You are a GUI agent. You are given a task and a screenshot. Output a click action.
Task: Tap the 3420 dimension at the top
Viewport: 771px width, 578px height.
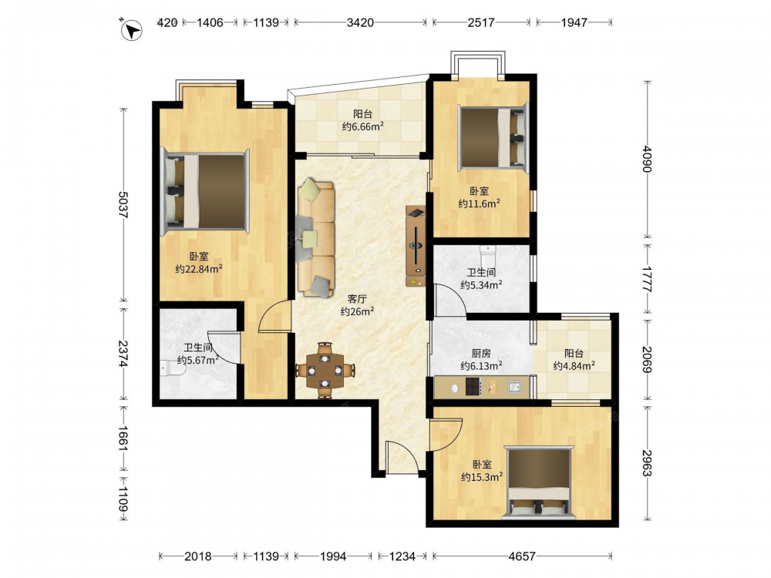[x=360, y=22]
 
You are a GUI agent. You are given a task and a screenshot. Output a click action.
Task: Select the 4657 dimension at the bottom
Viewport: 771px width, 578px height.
[x=522, y=556]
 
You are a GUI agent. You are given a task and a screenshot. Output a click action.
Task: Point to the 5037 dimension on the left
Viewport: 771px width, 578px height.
[x=123, y=204]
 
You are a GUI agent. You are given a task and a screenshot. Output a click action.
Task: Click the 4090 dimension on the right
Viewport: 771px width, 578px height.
[x=648, y=159]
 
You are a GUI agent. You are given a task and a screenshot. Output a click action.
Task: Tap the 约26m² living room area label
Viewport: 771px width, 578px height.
[x=358, y=311]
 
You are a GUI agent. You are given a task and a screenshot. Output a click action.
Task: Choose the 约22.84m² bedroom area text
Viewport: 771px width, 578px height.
[x=199, y=269]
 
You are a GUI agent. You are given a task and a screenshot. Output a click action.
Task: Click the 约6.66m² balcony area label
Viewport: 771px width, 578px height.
[x=363, y=126]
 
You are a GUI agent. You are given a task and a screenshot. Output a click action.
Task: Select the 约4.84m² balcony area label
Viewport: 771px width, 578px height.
[x=574, y=365]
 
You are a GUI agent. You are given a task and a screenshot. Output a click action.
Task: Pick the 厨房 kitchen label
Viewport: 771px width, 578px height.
[x=481, y=353]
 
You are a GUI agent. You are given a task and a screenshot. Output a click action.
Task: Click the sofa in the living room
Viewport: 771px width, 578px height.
[x=316, y=238]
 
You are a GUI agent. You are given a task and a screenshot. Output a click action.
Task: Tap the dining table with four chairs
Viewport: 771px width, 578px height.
[x=325, y=370]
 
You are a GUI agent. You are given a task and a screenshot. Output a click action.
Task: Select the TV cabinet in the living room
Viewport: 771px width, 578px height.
[x=416, y=246]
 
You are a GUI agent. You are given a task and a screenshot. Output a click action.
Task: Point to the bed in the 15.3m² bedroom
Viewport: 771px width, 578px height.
[x=540, y=482]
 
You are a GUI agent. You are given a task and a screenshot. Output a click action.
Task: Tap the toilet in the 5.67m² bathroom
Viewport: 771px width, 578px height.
[x=171, y=367]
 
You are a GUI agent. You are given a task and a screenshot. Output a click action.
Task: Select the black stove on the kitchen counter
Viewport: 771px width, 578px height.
[x=473, y=387]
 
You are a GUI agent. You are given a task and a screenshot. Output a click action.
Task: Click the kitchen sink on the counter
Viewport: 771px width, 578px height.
[x=514, y=387]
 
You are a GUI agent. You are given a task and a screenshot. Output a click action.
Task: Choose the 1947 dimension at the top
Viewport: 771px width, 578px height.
[x=574, y=22]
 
